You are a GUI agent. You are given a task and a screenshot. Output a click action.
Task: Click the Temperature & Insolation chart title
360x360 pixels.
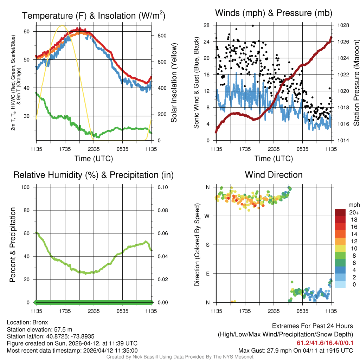[94, 16]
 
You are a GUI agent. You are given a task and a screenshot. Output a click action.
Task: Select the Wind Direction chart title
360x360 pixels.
[274, 175]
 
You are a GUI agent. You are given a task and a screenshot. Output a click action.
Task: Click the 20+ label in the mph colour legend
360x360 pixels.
[354, 212]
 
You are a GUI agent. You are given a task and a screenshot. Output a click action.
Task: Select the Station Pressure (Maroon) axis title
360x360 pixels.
[356, 82]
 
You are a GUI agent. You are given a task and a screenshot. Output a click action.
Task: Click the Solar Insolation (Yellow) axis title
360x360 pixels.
[174, 82]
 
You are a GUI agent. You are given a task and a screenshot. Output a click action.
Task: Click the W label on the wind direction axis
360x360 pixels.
[208, 216]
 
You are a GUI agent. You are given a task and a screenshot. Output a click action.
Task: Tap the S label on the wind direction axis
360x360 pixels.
[208, 245]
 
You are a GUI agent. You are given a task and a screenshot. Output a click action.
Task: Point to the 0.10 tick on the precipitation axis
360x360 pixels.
[162, 187]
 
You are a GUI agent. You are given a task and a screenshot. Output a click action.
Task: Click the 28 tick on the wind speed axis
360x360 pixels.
[206, 25]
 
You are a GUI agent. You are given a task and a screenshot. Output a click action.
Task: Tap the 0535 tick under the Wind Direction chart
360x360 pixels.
[302, 311]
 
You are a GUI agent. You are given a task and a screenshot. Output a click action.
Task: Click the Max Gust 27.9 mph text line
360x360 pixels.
[295, 350]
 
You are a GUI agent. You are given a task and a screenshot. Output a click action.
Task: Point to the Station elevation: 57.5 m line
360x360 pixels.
[39, 329]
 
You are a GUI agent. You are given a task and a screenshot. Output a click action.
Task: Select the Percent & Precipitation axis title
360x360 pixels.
[13, 245]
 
